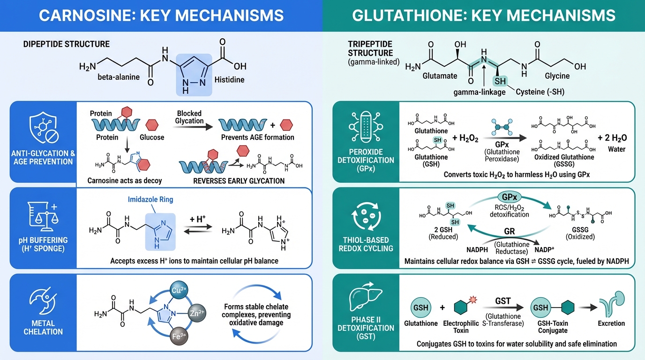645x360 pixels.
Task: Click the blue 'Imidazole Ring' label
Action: [150, 199]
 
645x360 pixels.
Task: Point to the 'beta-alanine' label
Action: [119, 76]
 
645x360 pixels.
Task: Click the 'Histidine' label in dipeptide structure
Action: [229, 80]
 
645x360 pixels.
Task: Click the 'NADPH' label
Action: [478, 250]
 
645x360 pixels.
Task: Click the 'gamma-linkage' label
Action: [480, 92]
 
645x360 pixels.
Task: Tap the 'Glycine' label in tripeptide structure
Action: [557, 75]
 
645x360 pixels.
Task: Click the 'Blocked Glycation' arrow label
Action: [189, 117]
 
